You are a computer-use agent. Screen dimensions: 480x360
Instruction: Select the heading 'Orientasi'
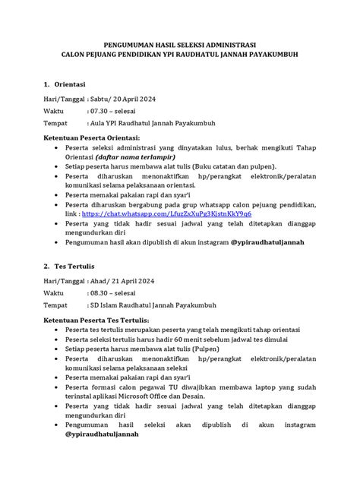(x=68, y=83)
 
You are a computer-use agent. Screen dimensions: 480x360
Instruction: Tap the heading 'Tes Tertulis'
(x=71, y=268)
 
